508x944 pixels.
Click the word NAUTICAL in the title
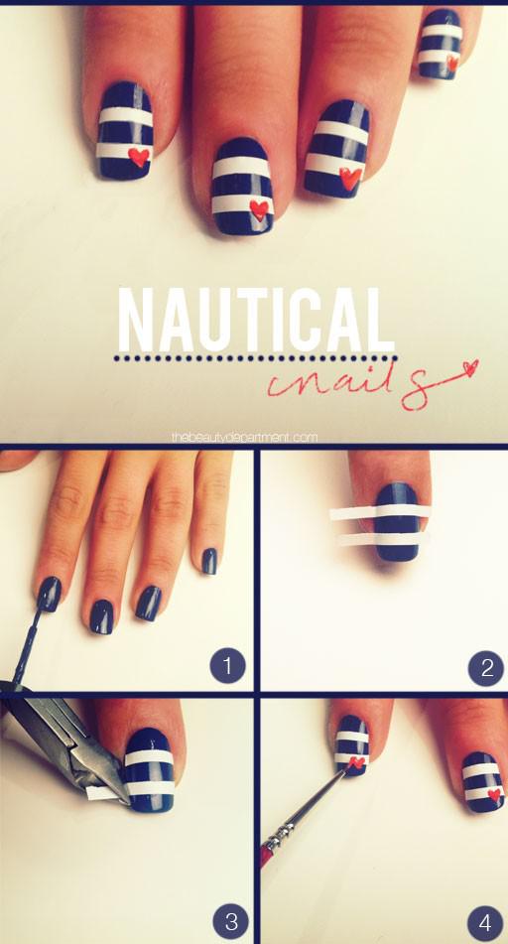point(255,320)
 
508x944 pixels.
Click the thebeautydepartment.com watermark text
point(244,438)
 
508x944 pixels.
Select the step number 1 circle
point(227,665)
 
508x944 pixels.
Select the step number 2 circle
point(486,668)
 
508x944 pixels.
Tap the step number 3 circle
point(230,920)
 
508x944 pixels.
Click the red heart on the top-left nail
point(139,157)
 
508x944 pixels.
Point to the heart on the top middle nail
point(259,209)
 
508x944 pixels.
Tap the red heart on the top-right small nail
point(452,63)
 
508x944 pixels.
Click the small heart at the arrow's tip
point(469,366)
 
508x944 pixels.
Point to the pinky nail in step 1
point(209,561)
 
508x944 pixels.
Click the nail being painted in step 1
point(49,594)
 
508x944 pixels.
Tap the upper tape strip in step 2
point(380,513)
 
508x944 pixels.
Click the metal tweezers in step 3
point(66,744)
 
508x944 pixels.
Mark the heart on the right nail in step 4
point(495,795)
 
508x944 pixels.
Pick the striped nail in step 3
point(149,769)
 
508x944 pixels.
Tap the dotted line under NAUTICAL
point(255,358)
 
